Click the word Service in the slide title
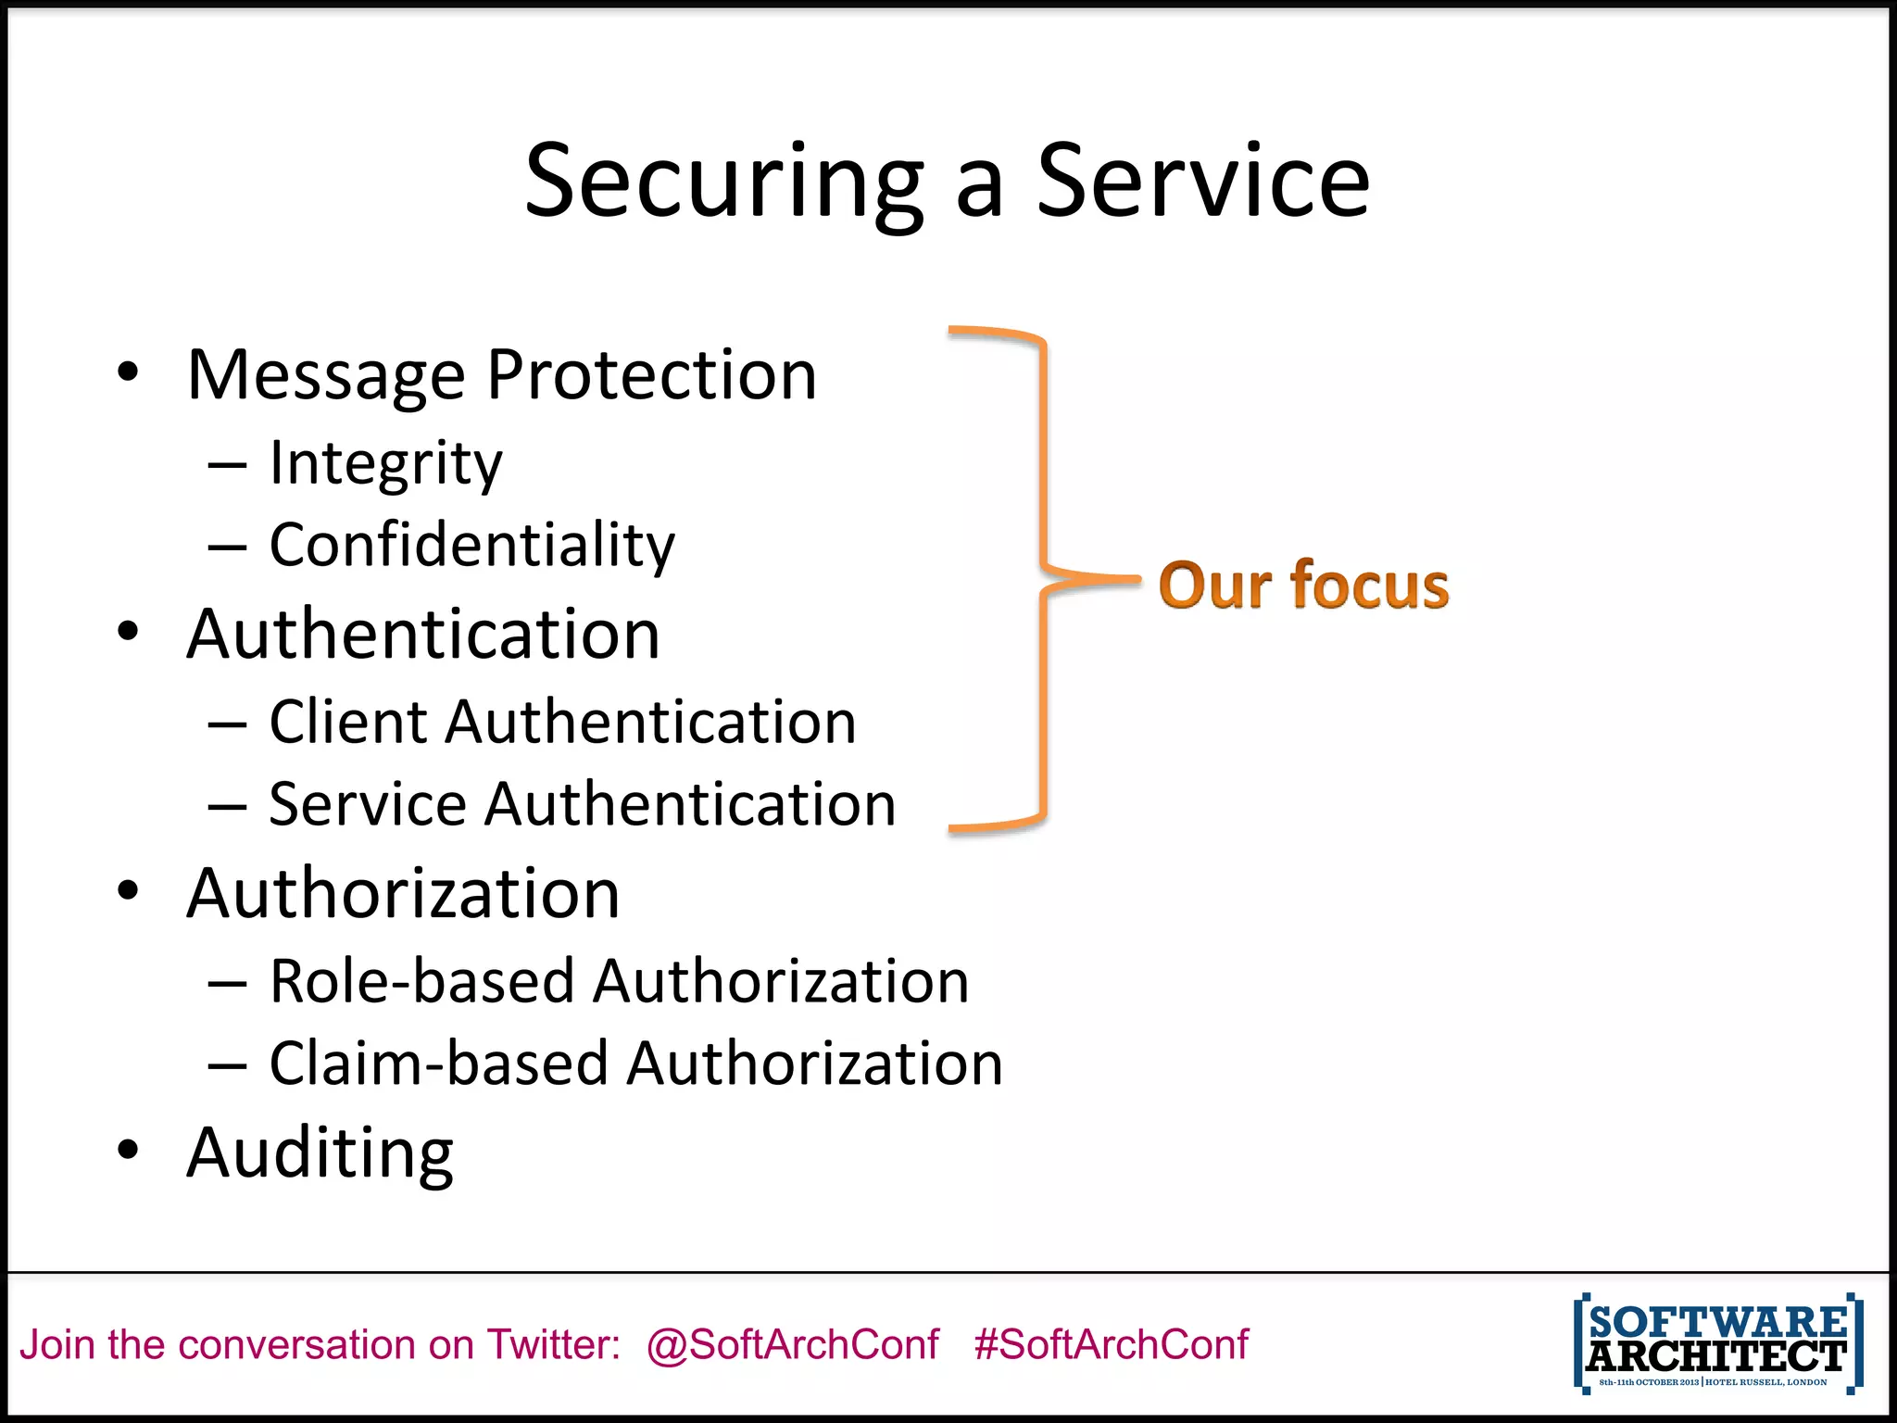pyautogui.click(x=1201, y=182)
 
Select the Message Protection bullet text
pyautogui.click(x=501, y=375)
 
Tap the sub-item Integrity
pyautogui.click(x=385, y=463)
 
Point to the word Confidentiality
pyautogui.click(x=471, y=545)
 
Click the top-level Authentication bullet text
pyautogui.click(x=423, y=635)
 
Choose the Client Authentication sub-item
pyautogui.click(x=562, y=722)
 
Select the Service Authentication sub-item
pyautogui.click(x=582, y=803)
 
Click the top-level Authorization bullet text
pyautogui.click(x=403, y=894)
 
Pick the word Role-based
pyautogui.click(x=421, y=981)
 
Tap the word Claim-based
pyautogui.click(x=438, y=1063)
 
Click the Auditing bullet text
pyautogui.click(x=320, y=1153)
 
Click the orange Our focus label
pyautogui.click(x=1303, y=586)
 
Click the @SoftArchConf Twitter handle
pyautogui.click(x=793, y=1344)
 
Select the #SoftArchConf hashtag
pyautogui.click(x=1111, y=1344)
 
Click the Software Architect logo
pyautogui.click(x=1717, y=1343)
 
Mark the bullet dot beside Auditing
pyautogui.click(x=128, y=1150)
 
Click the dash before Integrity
pyautogui.click(x=227, y=465)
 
